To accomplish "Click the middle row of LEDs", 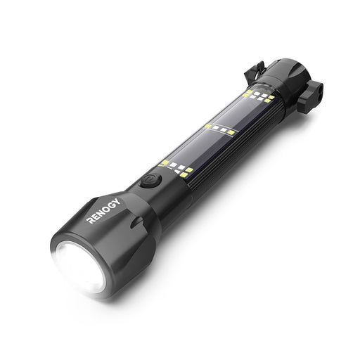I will pyautogui.click(x=220, y=129).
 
